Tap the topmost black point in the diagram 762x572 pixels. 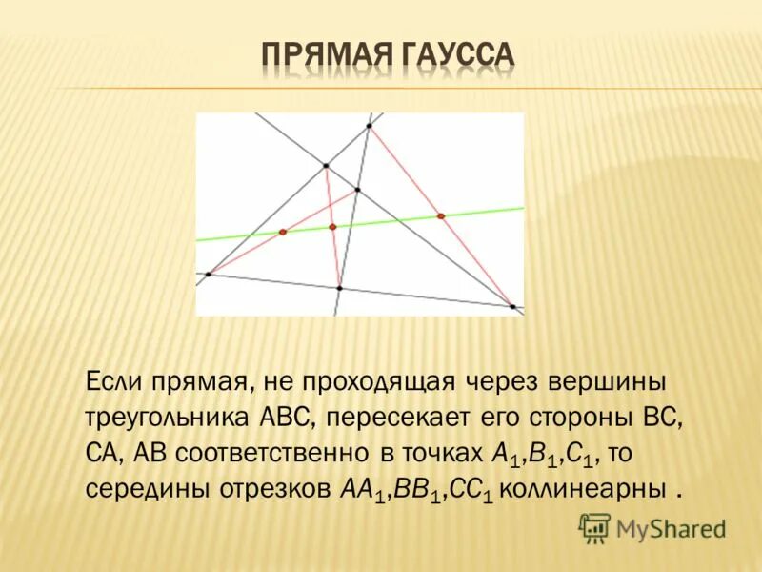[x=369, y=125]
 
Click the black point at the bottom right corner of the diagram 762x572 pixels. [x=512, y=306]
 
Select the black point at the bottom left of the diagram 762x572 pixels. [x=208, y=275]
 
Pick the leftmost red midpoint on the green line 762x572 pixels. [x=282, y=232]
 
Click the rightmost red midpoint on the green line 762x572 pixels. [x=441, y=215]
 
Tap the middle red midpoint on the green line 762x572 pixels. [x=332, y=227]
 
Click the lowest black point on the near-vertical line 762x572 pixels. [x=339, y=287]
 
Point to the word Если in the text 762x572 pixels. [x=116, y=383]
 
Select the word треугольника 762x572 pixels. [x=168, y=419]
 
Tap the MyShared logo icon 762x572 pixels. [x=595, y=527]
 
